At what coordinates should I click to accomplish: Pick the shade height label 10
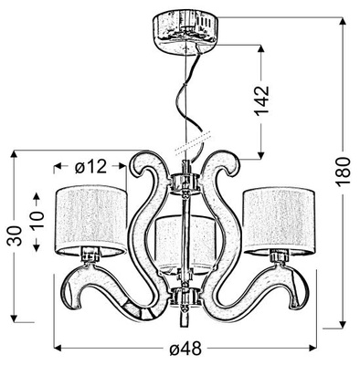[37, 219]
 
